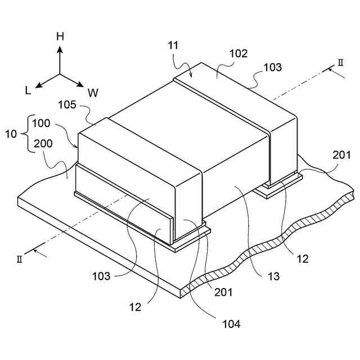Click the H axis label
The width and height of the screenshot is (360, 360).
[x=60, y=37]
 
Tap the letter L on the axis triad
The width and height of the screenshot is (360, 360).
[x=28, y=89]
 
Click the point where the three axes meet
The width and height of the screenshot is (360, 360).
[x=60, y=74]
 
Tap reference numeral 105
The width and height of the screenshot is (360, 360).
[x=69, y=105]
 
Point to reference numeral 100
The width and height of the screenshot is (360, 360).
[x=41, y=123]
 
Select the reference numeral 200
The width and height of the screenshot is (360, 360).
[x=42, y=143]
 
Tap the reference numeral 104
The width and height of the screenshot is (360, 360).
[x=231, y=323]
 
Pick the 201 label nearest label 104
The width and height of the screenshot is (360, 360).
[x=223, y=292]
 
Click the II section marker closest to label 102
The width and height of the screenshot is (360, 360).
[x=340, y=62]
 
